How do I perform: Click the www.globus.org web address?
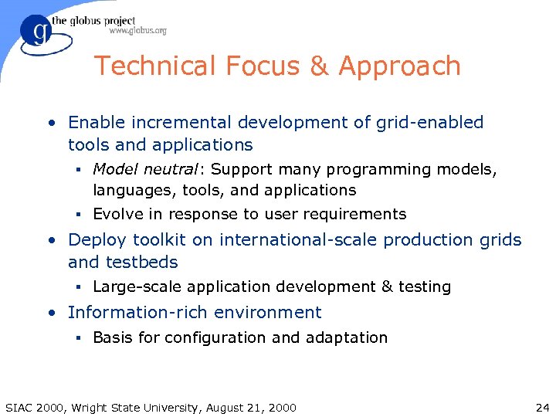tap(137, 31)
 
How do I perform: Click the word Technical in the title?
tap(154, 66)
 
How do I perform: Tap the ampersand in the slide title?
tap(319, 66)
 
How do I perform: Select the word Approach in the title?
tap(399, 66)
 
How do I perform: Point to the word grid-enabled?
tap(429, 122)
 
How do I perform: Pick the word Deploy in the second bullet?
tap(94, 240)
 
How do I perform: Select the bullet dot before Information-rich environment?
tap(50, 313)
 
